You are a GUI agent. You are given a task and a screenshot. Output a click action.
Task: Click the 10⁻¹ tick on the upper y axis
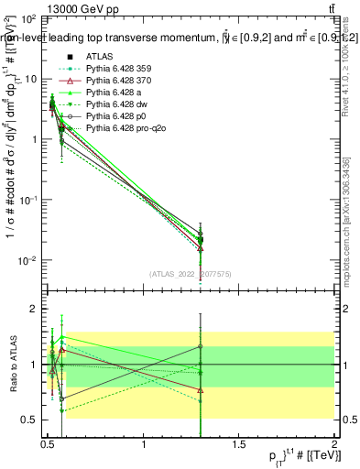point(25,200)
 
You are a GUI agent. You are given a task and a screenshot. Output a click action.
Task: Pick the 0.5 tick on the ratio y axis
point(27,420)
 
